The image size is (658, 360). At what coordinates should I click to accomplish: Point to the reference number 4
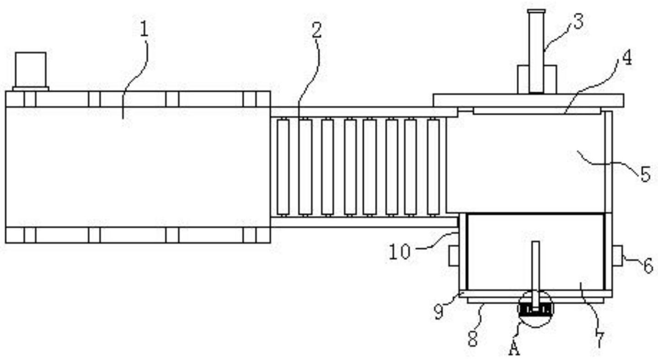[x=627, y=58]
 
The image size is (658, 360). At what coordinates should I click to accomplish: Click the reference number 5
[x=645, y=174]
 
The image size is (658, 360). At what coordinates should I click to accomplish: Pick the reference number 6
[x=648, y=266]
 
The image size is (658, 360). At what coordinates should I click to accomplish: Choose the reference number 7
[x=599, y=339]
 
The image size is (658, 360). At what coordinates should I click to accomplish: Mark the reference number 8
[x=472, y=339]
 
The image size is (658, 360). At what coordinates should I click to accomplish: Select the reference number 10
[x=399, y=252]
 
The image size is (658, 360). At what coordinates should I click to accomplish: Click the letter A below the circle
[x=514, y=349]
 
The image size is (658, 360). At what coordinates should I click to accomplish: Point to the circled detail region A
[x=535, y=310]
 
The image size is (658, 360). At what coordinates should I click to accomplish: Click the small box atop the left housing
[x=31, y=70]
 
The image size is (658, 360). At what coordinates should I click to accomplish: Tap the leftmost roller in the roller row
[x=283, y=167]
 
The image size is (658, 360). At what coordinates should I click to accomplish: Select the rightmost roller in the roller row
[x=433, y=167]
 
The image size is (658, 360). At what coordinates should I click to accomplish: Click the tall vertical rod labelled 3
[x=536, y=50]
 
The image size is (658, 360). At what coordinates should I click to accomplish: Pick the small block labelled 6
[x=617, y=255]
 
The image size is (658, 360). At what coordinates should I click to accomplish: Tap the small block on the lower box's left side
[x=454, y=256]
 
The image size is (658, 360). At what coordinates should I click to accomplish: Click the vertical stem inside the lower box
[x=535, y=270]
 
